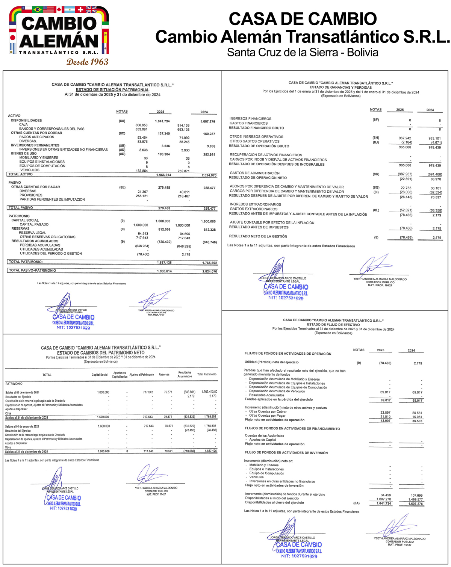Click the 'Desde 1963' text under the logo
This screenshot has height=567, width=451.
point(87,62)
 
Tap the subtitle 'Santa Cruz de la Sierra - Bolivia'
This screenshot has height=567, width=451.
point(303,52)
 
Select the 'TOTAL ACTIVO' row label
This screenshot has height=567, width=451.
point(20,174)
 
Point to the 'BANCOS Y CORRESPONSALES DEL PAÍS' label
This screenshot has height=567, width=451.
point(52,129)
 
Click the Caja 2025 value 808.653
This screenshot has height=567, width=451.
point(141,125)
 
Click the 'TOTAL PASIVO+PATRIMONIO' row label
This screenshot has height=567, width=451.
point(32,271)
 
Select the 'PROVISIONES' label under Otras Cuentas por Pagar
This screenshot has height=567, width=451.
point(31,195)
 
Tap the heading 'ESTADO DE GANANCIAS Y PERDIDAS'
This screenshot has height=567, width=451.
point(341,87)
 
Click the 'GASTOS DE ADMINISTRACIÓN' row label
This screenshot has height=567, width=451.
point(255,173)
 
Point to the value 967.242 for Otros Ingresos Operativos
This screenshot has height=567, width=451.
point(405,138)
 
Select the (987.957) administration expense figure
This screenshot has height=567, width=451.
point(405,174)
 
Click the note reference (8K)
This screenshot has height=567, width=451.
point(375,174)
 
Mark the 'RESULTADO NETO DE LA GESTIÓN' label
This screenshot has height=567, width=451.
point(258,236)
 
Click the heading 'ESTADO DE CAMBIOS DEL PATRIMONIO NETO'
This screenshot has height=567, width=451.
point(101,353)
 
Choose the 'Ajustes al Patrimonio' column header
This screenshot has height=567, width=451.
point(141,375)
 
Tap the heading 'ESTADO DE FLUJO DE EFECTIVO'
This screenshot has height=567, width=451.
point(333,325)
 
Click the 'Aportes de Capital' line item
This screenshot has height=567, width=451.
point(262,440)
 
